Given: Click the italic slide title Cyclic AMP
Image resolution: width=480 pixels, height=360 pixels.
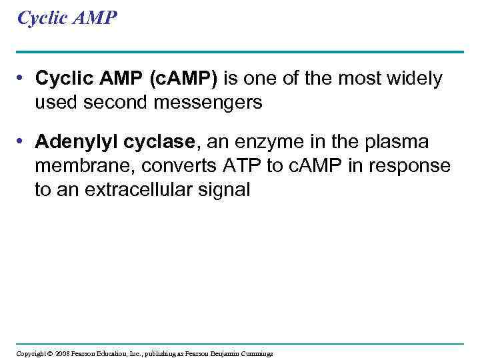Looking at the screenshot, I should pos(67,18).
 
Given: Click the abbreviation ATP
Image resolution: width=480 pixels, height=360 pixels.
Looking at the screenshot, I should pos(237,166).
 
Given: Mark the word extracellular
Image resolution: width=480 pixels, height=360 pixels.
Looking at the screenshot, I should pos(140,189).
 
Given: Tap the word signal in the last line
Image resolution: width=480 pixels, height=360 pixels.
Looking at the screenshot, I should pos(225,189).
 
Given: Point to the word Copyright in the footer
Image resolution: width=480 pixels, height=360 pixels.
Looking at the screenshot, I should pos(30,353).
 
